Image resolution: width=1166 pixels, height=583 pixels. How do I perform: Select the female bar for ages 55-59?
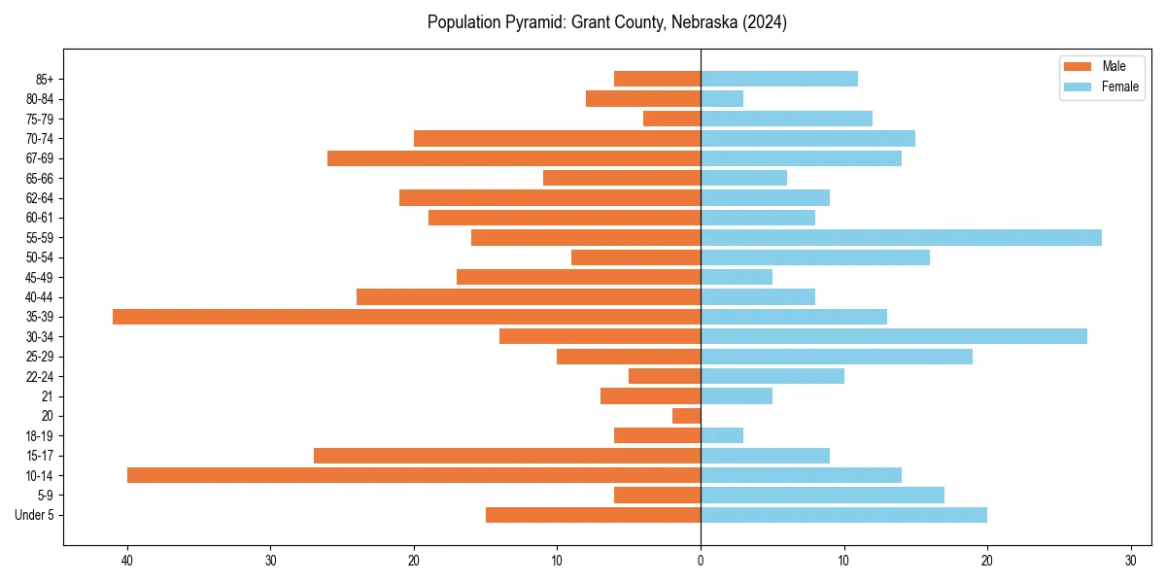901,238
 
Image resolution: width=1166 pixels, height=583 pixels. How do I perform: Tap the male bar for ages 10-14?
414,475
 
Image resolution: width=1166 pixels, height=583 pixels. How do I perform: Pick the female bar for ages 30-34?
894,336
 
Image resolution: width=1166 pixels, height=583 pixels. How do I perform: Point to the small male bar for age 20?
686,416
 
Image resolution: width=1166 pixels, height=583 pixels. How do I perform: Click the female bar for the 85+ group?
779,79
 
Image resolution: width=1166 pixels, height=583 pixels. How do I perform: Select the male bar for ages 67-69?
514,158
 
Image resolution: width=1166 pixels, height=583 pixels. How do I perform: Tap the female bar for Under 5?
843,515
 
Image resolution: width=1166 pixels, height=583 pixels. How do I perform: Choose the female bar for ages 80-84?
722,99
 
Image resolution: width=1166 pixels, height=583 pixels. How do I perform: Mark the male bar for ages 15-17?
507,456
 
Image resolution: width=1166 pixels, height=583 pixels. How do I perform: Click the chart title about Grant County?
607,22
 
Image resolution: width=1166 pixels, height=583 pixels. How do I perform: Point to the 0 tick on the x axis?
701,561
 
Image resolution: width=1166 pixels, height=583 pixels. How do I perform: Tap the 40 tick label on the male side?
127,561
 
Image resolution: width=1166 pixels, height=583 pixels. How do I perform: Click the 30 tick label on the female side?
1130,561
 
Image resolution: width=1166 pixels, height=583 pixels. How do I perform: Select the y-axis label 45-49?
38,277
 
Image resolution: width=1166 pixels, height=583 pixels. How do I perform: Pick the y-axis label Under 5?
34,515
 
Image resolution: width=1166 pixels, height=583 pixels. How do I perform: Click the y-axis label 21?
47,396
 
